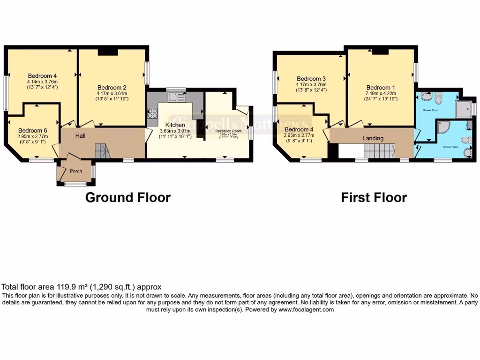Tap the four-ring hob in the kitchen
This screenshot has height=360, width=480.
coord(152,113)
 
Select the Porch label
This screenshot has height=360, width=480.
coord(76,171)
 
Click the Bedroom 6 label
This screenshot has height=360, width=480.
coord(32,131)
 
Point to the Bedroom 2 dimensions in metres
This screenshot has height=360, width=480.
coord(112,93)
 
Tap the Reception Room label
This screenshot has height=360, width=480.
coord(228,131)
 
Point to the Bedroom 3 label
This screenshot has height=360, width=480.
coord(311,79)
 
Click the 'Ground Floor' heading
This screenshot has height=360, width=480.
coord(127,197)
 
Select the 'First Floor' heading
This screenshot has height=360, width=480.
coord(374,197)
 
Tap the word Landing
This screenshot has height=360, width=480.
coord(373,138)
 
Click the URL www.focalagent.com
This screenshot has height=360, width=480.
coord(306,309)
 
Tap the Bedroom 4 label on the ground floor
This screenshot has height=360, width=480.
coord(42,75)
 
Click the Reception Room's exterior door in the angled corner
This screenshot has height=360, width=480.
coord(243,111)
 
